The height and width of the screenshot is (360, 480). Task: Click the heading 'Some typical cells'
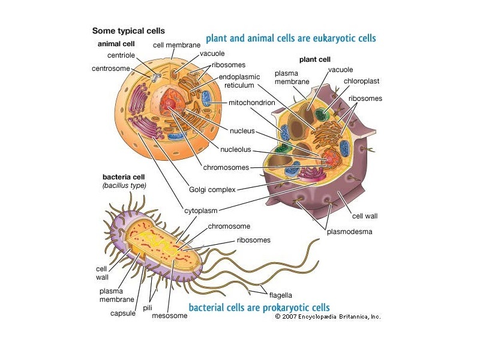pyautogui.click(x=128, y=30)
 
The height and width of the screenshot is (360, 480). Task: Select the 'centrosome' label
pyautogui.click(x=110, y=68)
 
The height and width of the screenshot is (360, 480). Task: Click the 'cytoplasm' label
pyautogui.click(x=201, y=211)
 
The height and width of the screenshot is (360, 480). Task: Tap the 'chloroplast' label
pyautogui.click(x=362, y=81)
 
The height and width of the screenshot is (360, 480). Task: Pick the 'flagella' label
pyautogui.click(x=280, y=295)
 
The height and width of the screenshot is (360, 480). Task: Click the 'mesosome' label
pyautogui.click(x=170, y=316)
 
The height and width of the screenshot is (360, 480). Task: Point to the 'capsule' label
pyautogui.click(x=122, y=313)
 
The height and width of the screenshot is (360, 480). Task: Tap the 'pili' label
pyautogui.click(x=148, y=307)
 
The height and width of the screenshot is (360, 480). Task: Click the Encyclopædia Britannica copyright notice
pyautogui.click(x=328, y=316)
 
